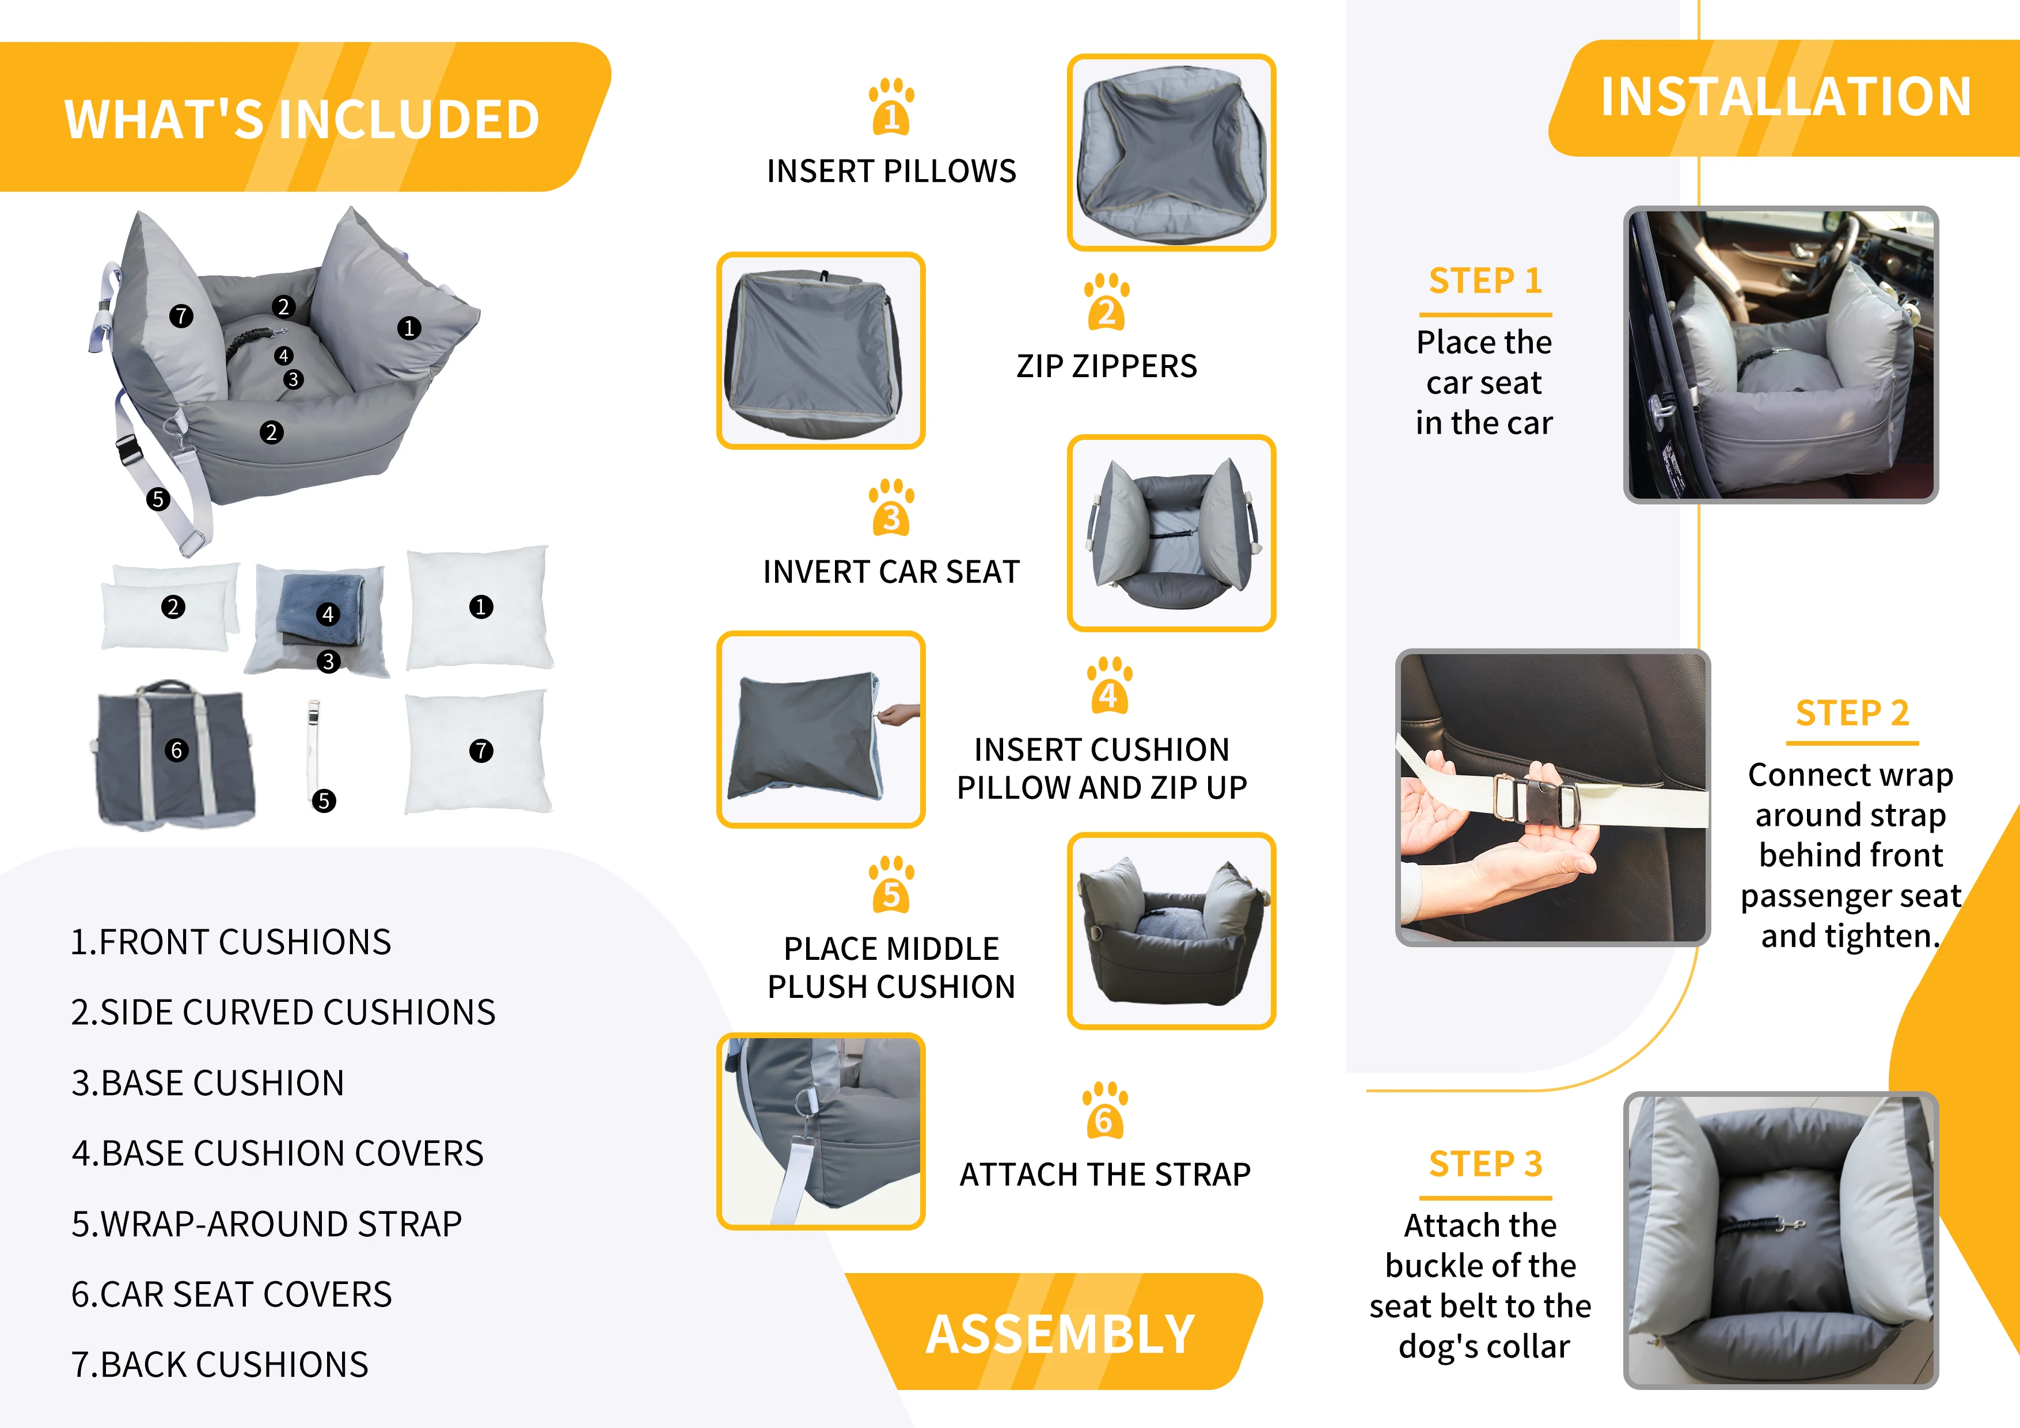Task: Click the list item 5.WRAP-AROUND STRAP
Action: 267,1224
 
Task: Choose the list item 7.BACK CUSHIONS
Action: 220,1365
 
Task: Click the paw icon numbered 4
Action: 1108,685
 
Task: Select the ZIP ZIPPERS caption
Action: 1107,366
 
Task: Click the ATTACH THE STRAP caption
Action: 1105,1175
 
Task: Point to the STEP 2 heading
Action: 1852,713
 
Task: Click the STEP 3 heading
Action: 1485,1164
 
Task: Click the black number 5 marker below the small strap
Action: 324,801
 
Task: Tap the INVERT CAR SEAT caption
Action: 891,572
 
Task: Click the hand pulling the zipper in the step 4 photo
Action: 897,713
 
